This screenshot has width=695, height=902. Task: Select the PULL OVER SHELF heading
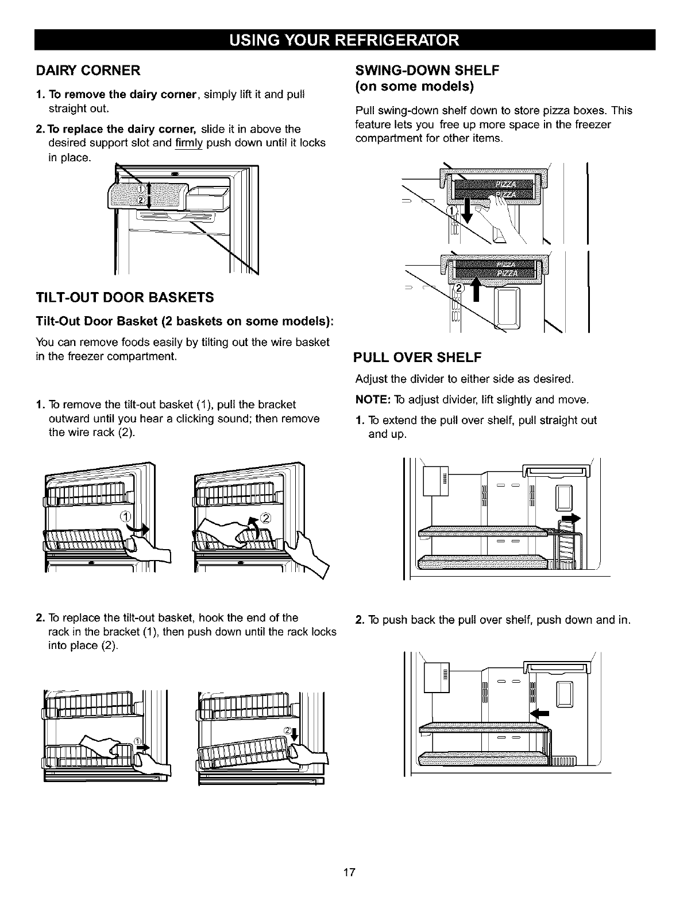click(x=417, y=358)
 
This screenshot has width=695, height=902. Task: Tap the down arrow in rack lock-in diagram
click(x=295, y=735)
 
